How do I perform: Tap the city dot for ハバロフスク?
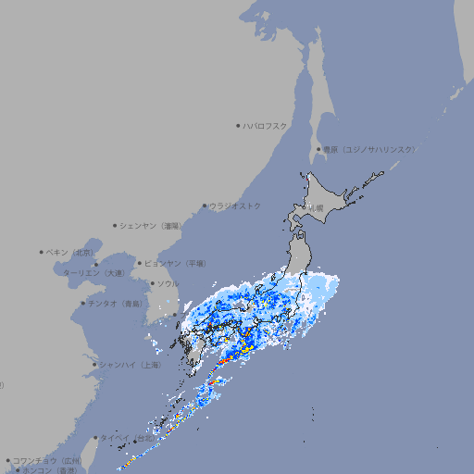point(238,125)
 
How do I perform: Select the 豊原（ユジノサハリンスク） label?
point(369,149)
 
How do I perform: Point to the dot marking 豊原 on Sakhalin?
point(318,149)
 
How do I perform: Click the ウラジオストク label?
point(236,206)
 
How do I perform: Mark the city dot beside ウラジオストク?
point(205,206)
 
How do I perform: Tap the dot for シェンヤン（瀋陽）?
point(115,225)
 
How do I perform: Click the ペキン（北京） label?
point(72,252)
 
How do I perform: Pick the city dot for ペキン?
point(42,252)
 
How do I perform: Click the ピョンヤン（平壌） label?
point(175,263)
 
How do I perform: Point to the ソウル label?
point(168,283)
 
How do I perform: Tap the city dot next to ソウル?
point(152,283)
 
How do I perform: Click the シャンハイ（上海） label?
point(131,365)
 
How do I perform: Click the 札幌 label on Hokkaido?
point(318,207)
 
